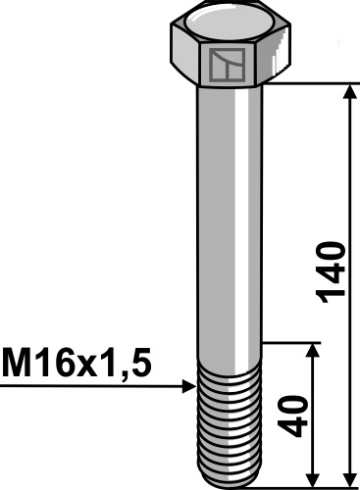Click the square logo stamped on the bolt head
(225, 66)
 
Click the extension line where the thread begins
(294, 342)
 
